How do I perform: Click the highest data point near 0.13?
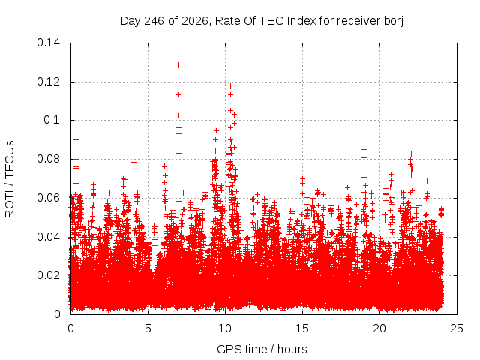tap(178, 65)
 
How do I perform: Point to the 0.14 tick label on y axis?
tap(48, 43)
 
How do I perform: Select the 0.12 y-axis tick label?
tap(48, 82)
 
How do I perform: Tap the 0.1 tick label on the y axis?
tap(52, 120)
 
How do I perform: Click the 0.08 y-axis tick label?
tap(48, 159)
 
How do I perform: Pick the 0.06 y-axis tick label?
tap(48, 198)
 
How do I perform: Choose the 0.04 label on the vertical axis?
tap(48, 237)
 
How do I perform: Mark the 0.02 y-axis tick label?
tap(48, 275)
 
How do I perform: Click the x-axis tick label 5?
tap(148, 328)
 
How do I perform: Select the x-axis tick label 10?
tap(225, 328)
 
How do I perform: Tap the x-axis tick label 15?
tap(302, 328)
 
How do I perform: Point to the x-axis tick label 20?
tap(379, 328)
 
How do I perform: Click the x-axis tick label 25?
tap(457, 328)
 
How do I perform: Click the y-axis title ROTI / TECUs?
tap(10, 179)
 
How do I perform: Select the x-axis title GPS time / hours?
tap(262, 349)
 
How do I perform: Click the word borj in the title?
tap(393, 21)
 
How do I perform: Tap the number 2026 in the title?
tap(195, 21)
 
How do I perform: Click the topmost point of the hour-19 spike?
tap(364, 150)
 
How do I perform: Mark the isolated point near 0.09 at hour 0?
tap(76, 140)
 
